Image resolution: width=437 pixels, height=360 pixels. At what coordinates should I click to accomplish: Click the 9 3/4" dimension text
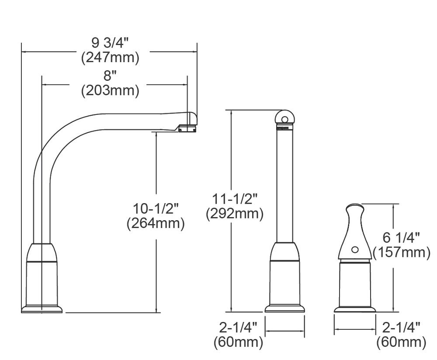click(110, 43)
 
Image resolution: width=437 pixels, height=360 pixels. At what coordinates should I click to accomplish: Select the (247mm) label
click(110, 58)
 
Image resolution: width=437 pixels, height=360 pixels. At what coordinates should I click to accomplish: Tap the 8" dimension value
click(110, 76)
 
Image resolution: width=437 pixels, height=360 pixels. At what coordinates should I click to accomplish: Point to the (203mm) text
click(110, 90)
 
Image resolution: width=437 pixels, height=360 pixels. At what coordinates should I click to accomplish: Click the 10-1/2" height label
click(156, 208)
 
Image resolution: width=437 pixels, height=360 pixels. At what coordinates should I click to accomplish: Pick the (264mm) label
click(156, 223)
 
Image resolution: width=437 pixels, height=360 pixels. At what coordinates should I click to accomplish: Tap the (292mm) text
click(235, 214)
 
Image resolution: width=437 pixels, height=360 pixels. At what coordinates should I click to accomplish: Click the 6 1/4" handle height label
click(401, 238)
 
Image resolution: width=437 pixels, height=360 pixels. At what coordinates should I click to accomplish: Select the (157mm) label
click(401, 253)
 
